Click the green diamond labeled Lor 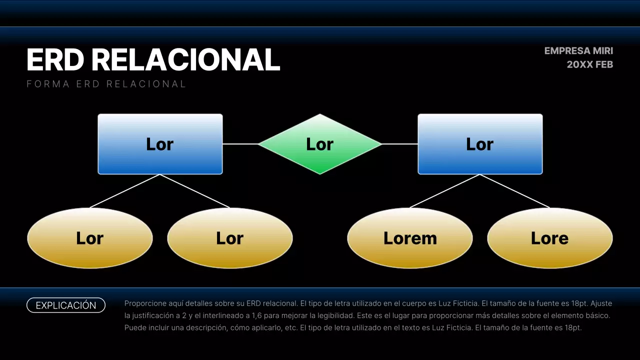320,144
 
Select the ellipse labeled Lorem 410,238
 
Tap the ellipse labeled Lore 549,238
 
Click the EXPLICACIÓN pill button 66,305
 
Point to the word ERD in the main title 55,60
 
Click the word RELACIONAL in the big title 185,60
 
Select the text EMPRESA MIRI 578,51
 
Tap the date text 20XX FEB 589,64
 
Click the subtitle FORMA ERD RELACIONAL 106,84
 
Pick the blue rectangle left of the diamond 160,144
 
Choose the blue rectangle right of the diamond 480,144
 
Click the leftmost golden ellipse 90,238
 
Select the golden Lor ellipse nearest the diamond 230,238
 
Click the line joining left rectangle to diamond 240,144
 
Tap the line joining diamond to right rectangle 400,144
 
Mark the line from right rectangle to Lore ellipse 515,191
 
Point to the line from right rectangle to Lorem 445,191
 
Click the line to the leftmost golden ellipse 125,191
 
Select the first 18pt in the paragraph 581,303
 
